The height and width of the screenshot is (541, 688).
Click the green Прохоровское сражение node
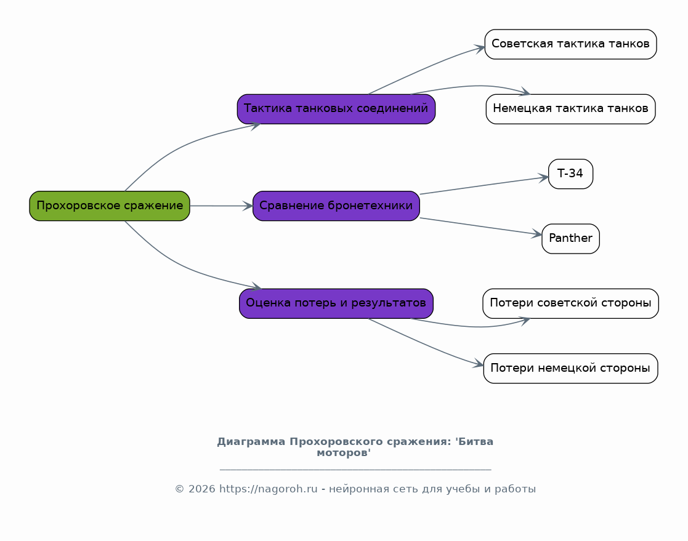coord(110,206)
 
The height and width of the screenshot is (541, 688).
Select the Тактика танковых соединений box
coord(336,109)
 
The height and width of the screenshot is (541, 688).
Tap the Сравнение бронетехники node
coord(336,206)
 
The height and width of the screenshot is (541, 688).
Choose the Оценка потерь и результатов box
coord(336,303)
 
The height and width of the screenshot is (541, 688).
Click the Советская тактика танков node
coord(570,44)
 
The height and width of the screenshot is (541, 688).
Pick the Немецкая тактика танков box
coord(570,109)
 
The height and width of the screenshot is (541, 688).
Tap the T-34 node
coord(570,174)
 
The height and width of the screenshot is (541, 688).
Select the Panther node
coord(570,239)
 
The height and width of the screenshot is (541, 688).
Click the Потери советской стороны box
coord(570,303)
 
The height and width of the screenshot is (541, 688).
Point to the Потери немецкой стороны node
coord(570,368)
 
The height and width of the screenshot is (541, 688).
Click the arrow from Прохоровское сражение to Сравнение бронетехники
coord(222,206)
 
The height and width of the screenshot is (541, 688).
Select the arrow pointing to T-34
coord(484,185)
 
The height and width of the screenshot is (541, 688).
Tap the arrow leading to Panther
coord(481,226)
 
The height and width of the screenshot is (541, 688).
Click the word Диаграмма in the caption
coord(251,442)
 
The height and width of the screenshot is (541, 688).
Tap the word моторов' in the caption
coord(344,453)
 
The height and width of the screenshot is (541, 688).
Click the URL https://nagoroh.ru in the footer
coord(268,489)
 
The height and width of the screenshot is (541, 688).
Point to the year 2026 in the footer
coord(202,489)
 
